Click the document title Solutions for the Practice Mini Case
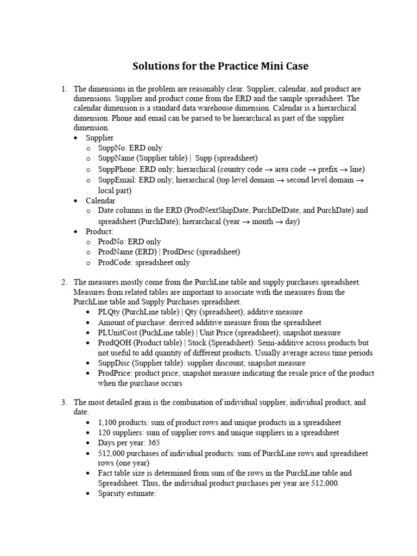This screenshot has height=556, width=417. [220, 66]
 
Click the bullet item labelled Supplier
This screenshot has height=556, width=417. [99, 138]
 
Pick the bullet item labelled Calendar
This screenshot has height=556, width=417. [100, 200]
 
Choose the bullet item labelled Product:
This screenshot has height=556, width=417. [99, 231]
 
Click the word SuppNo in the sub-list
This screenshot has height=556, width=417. [111, 148]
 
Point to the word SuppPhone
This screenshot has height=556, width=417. [115, 169]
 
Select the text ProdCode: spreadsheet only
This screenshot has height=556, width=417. [144, 262]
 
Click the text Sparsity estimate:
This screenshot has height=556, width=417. [127, 494]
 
